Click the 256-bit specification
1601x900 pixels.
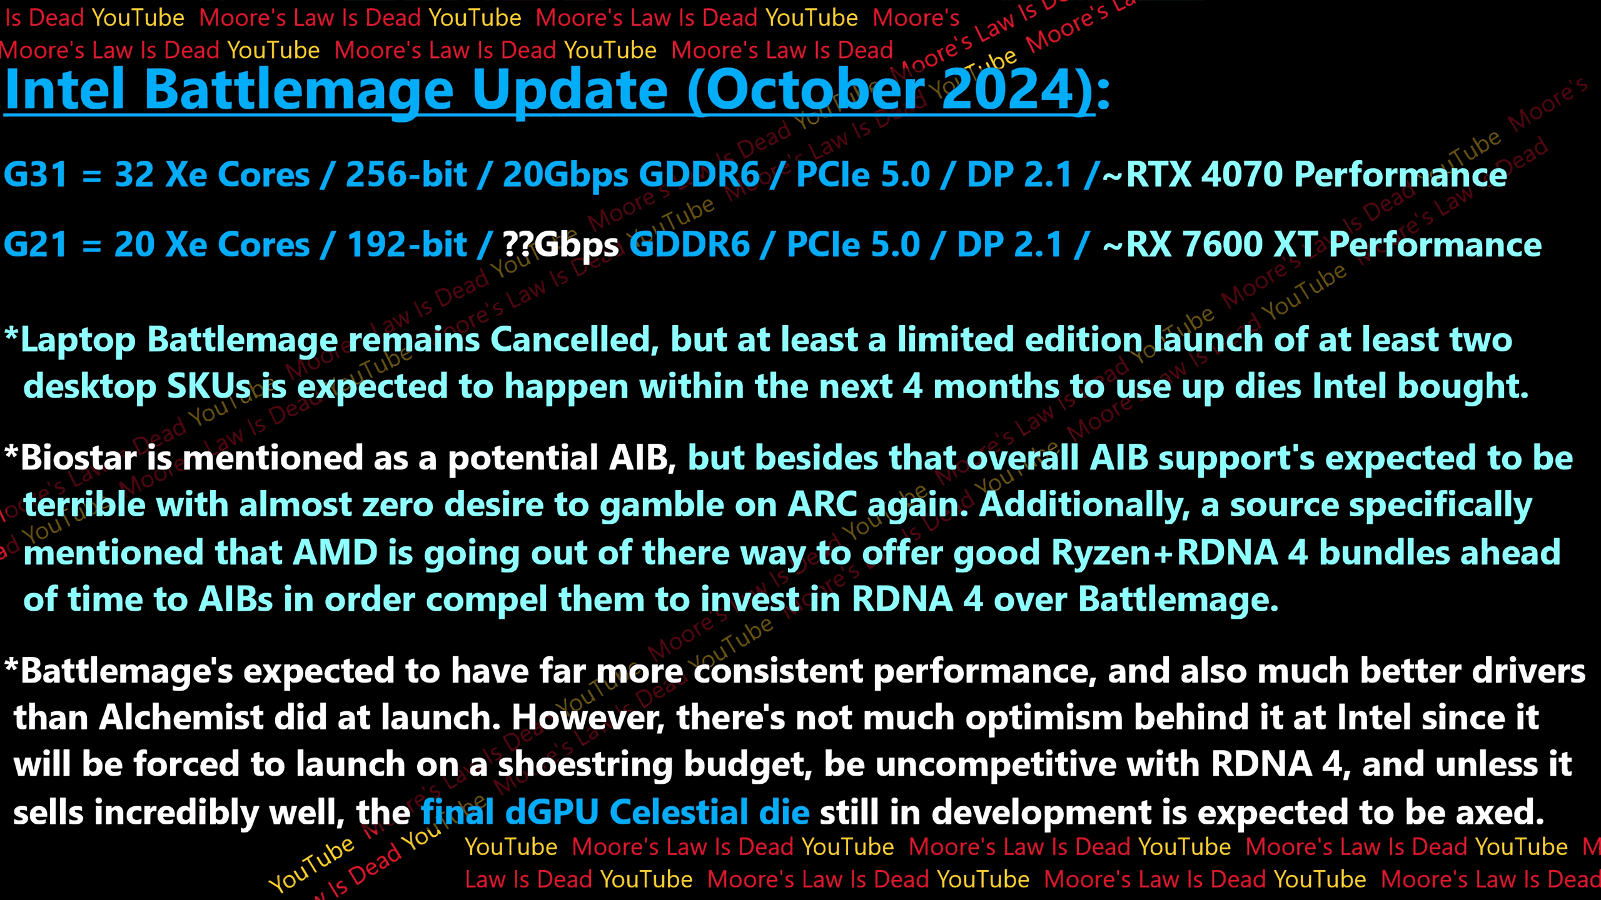[406, 174]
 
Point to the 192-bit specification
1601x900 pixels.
[407, 244]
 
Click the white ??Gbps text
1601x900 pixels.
[561, 246]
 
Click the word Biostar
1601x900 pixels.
[79, 457]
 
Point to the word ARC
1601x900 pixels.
[822, 505]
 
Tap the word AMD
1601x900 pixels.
[335, 552]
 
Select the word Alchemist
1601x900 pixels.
[181, 717]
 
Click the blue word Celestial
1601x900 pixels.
[679, 812]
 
